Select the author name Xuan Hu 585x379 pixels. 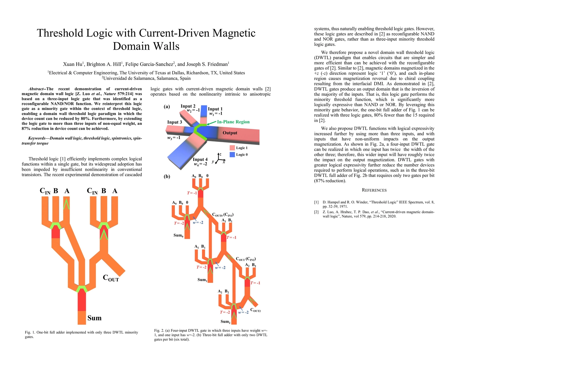point(73,64)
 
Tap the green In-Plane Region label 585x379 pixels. point(233,122)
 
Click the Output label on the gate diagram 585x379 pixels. point(230,133)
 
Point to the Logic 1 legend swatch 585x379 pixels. point(232,148)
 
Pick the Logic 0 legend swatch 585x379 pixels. point(232,154)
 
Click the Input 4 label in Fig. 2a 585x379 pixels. point(200,159)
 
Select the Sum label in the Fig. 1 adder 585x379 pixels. point(94,318)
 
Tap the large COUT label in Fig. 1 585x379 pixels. point(111,278)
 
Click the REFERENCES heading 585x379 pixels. point(374,190)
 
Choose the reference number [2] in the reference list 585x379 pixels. point(316,212)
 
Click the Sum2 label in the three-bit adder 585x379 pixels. point(225,322)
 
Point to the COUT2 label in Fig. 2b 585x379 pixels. point(255,310)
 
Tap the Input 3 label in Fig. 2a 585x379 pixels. point(174,122)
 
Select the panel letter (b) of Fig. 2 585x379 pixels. point(167,177)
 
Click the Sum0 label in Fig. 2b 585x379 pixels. point(178,235)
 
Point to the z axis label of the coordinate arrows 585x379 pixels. point(220,154)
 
